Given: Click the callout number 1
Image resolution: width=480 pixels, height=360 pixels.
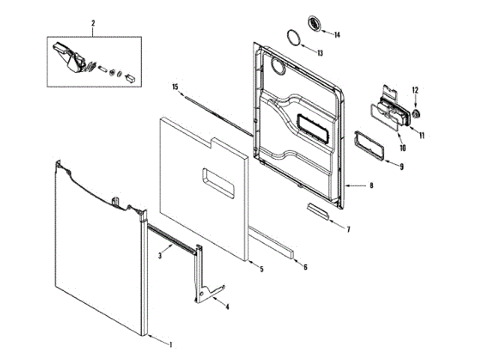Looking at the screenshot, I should pos(170,345).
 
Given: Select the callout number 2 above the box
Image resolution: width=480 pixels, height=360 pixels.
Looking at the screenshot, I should pos(93,24).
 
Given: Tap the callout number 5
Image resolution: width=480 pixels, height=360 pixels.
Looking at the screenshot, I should pos(261,268).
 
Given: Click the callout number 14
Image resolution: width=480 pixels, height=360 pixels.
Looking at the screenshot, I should pos(337,34).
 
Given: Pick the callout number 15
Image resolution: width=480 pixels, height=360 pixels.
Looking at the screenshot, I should pos(175,87).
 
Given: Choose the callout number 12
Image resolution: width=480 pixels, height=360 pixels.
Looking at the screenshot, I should pos(415,91).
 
